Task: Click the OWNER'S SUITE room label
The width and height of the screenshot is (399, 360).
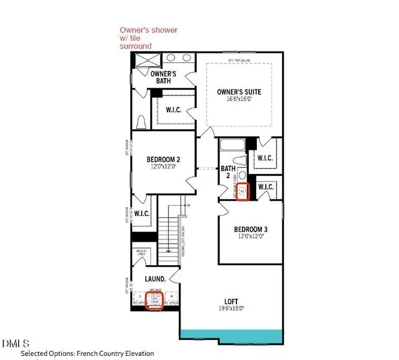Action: point(239,92)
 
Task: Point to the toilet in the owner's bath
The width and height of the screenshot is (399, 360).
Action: point(142,122)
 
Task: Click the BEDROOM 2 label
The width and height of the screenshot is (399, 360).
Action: point(163,160)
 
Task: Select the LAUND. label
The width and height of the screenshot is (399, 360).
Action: point(155,279)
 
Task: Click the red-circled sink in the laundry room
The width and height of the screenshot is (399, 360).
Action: point(155,298)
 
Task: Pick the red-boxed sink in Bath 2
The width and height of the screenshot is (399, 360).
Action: point(242,193)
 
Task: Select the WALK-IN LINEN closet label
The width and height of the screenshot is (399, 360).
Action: point(142,254)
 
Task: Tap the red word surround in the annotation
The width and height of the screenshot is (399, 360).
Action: point(135,46)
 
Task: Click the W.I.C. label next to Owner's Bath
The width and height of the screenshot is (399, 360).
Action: point(173,110)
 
